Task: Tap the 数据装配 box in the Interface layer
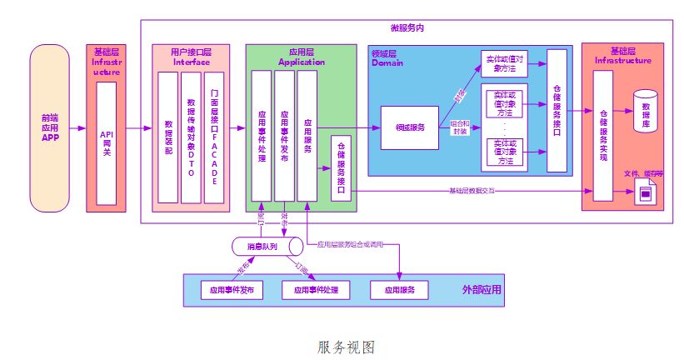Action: point(167,138)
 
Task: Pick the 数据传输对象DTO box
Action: point(191,138)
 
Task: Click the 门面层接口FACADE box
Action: point(214,138)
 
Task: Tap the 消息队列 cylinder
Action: point(267,247)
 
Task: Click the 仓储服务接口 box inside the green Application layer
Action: point(342,167)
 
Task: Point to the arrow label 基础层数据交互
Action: point(472,191)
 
